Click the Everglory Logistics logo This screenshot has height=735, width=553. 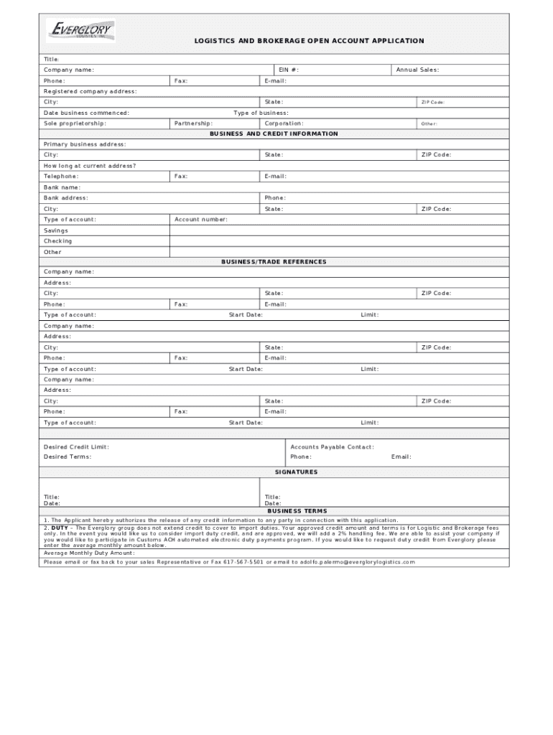pos(80,31)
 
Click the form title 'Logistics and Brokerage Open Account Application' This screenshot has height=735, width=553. pos(309,41)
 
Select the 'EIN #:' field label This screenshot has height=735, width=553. pos(289,70)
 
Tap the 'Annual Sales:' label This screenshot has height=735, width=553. pos(417,70)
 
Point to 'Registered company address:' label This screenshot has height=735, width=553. pos(90,91)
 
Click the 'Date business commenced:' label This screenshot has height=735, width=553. pos(86,113)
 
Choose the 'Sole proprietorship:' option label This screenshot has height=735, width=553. pos(75,123)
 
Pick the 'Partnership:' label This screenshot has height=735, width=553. pos(193,123)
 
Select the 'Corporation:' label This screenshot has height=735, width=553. pos(284,123)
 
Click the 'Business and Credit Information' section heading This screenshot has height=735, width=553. pos(274,134)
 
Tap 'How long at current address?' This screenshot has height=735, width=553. pos(89,166)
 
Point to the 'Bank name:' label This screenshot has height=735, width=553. pos(62,187)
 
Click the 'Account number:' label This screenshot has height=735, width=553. pos(201,219)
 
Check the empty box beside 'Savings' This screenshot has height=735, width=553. pos(338,230)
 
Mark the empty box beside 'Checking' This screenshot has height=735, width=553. pos(338,241)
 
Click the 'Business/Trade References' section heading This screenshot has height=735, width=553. pos(274,261)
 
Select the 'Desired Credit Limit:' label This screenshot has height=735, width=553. pos(76,446)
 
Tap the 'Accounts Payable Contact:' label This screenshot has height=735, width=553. pos(332,446)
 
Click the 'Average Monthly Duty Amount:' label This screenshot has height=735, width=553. pos(88,553)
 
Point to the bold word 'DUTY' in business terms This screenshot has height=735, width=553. pos(60,527)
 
